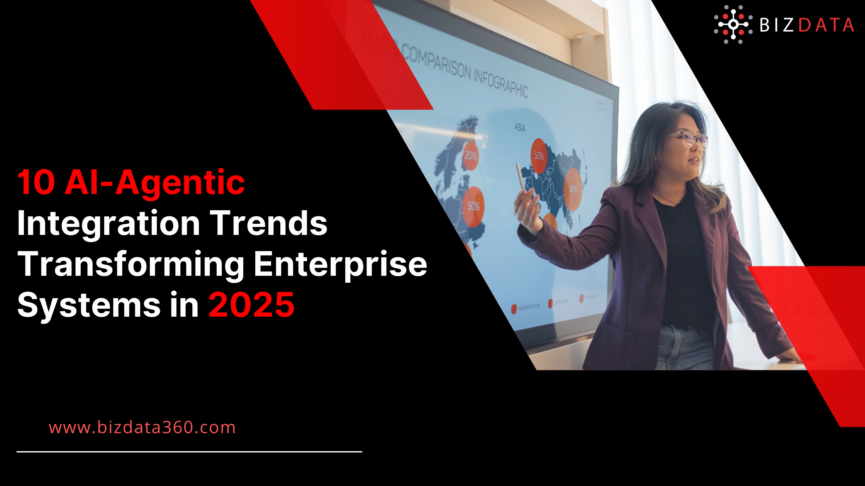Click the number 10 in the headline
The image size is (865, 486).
[x=36, y=183]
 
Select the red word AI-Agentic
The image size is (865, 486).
[x=154, y=183]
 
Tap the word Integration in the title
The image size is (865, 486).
[x=109, y=224]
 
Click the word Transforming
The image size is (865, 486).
[x=131, y=265]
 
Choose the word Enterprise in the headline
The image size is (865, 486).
[x=340, y=265]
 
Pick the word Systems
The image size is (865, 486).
[x=89, y=305]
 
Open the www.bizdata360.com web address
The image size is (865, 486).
[x=142, y=427]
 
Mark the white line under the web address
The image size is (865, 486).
[x=189, y=452]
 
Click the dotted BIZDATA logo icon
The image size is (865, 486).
[x=733, y=24]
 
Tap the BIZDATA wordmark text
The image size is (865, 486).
[x=806, y=25]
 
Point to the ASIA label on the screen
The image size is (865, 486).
[x=520, y=127]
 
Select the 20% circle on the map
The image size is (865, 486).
[x=471, y=155]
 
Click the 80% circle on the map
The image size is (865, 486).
[x=573, y=189]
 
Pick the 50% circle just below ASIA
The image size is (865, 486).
[x=539, y=155]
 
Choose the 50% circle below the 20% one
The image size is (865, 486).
[x=473, y=206]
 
